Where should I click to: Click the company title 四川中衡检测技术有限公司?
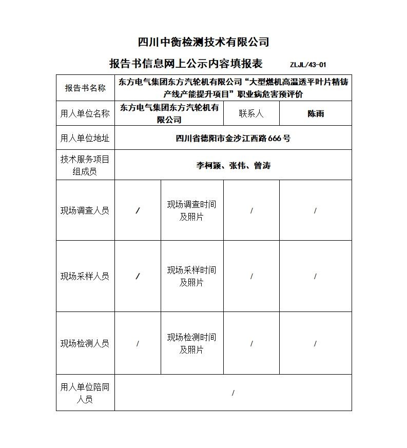click(x=204, y=42)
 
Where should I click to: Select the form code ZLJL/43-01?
click(x=308, y=65)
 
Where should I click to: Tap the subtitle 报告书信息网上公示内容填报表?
click(x=186, y=64)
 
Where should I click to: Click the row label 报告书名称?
click(x=85, y=88)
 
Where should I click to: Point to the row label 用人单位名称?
click(x=85, y=113)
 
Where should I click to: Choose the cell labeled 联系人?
click(x=251, y=113)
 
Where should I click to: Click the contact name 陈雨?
click(x=316, y=113)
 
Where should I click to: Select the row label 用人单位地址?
click(x=85, y=138)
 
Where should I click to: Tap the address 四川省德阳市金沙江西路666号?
click(x=233, y=138)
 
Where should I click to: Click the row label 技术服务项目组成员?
click(x=85, y=165)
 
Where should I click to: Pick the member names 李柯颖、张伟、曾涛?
click(x=233, y=165)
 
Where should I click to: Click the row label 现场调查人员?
click(x=85, y=210)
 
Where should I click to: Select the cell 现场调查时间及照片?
click(x=191, y=210)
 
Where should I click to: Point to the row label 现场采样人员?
click(x=85, y=276)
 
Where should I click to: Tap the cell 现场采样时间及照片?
click(x=191, y=276)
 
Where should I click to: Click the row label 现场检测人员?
click(x=85, y=343)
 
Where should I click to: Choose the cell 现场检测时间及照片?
click(x=191, y=343)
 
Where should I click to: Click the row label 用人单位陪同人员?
click(x=85, y=393)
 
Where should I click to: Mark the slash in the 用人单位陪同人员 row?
click(x=233, y=393)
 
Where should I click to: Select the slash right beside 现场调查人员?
click(x=138, y=211)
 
